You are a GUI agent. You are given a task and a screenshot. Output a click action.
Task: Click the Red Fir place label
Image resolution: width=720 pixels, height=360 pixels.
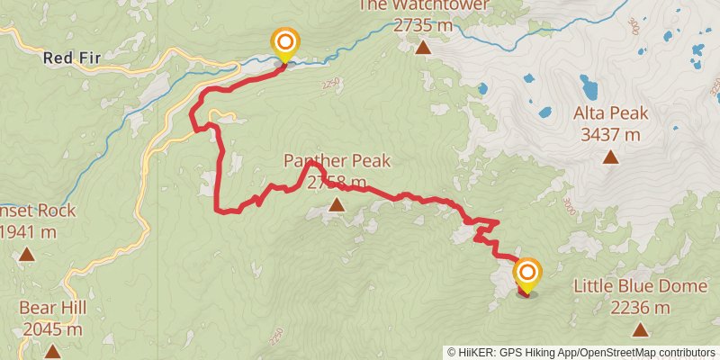(x=69, y=58)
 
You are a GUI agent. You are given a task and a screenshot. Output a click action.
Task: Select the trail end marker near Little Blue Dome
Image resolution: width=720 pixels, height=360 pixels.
(x=526, y=274)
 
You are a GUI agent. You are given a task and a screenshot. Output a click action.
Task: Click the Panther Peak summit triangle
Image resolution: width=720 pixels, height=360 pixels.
(x=337, y=206)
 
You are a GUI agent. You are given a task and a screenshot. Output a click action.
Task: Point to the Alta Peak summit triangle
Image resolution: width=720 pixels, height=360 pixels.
(x=610, y=157)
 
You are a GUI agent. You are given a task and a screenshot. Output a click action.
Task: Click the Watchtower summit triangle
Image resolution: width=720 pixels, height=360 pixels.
(x=423, y=47)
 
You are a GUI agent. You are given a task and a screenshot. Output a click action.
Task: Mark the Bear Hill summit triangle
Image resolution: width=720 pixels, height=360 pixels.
(x=52, y=351)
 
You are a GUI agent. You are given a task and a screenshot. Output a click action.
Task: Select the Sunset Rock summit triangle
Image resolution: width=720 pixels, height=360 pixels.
(x=27, y=255)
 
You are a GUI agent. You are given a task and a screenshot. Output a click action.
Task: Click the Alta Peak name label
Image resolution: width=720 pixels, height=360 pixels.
(x=610, y=114)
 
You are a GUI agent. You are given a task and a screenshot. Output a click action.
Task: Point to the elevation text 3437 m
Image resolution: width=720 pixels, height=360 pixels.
(x=610, y=135)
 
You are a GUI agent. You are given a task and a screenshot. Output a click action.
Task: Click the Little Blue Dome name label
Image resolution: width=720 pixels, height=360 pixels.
(x=639, y=287)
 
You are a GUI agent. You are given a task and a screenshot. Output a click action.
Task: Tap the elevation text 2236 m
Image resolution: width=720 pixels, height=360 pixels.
(x=640, y=309)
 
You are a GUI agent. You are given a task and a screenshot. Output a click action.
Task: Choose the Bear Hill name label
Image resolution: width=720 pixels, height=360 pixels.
(x=52, y=308)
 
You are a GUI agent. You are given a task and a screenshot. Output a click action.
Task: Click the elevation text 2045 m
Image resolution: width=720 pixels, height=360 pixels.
(x=52, y=329)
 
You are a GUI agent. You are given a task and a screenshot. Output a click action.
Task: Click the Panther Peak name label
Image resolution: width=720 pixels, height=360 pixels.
(x=337, y=161)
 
